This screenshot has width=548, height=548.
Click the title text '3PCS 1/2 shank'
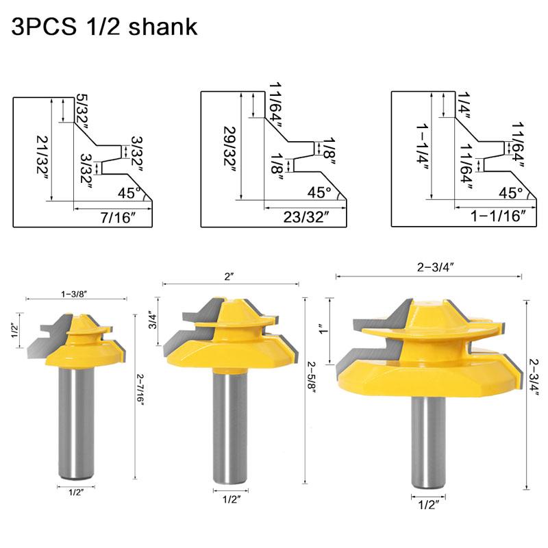105,27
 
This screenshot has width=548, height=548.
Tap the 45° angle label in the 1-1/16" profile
510,192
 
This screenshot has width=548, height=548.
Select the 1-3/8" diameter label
77,293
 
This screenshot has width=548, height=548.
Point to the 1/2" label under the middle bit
229,500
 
